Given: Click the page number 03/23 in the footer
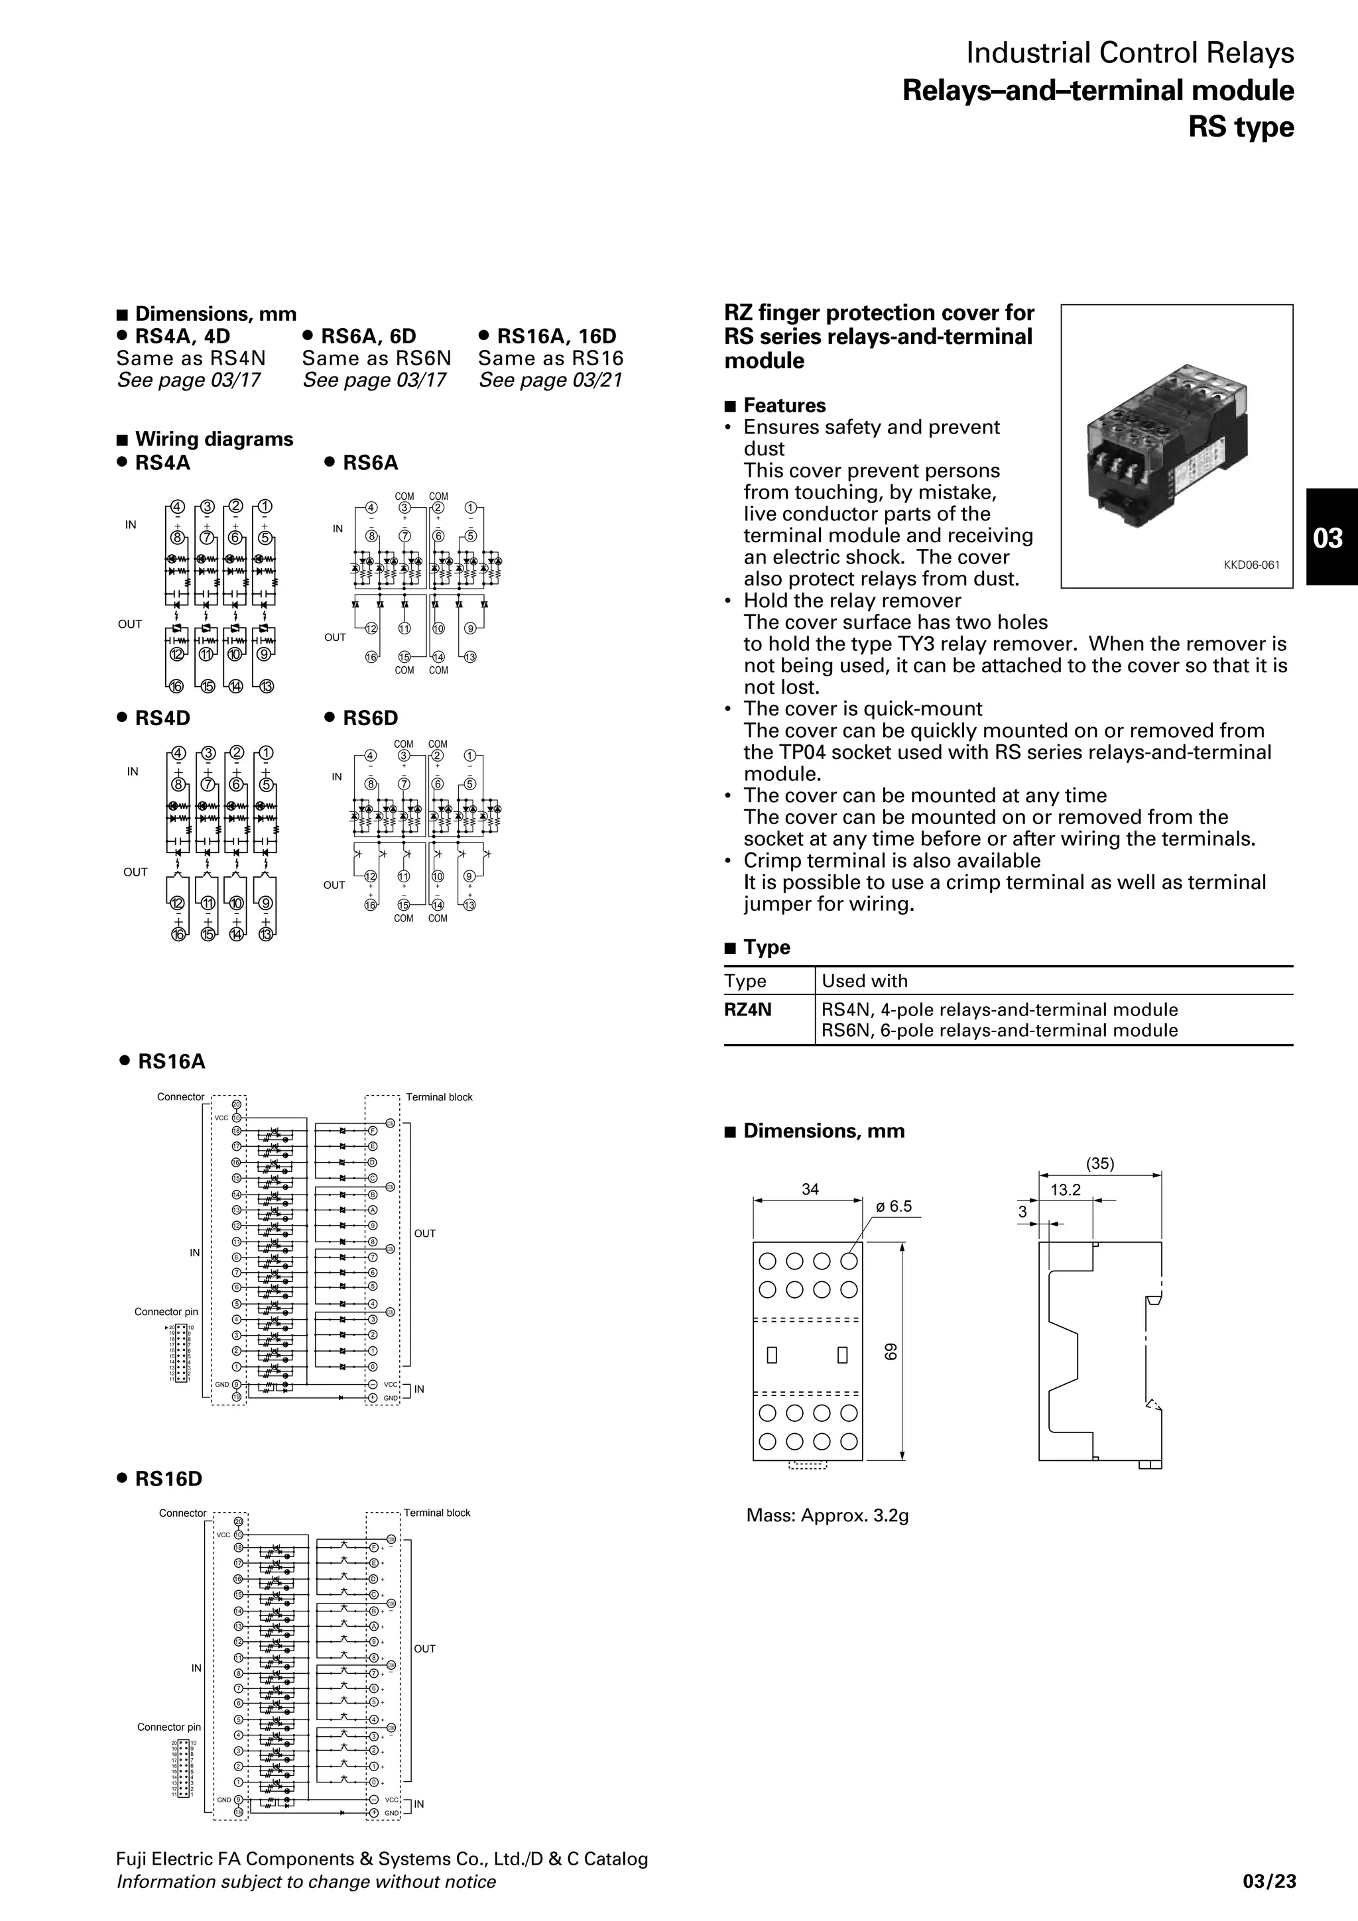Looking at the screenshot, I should coord(1268,1882).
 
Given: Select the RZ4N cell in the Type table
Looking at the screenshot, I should coord(748,1010).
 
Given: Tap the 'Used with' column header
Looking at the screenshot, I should coord(865,980).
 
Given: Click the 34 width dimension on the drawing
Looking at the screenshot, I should coord(810,1189).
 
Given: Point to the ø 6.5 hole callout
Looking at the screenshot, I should coord(894,1206).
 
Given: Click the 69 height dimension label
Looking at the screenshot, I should coord(891,1351).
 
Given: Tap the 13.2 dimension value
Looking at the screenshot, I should coord(1065,1190).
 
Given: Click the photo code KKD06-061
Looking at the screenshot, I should coord(1251,565).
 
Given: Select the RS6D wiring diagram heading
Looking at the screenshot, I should coord(370,718).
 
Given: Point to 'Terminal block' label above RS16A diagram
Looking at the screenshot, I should coord(439,1097).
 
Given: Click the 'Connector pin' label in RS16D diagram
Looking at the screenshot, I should coord(169,1727).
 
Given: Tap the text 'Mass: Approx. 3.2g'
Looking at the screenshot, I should coord(827,1515).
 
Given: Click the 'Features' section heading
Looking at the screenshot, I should coord(784,406).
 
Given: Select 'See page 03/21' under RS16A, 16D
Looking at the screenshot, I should coord(550,380).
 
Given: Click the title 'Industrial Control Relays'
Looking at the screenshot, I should coord(1130,54).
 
